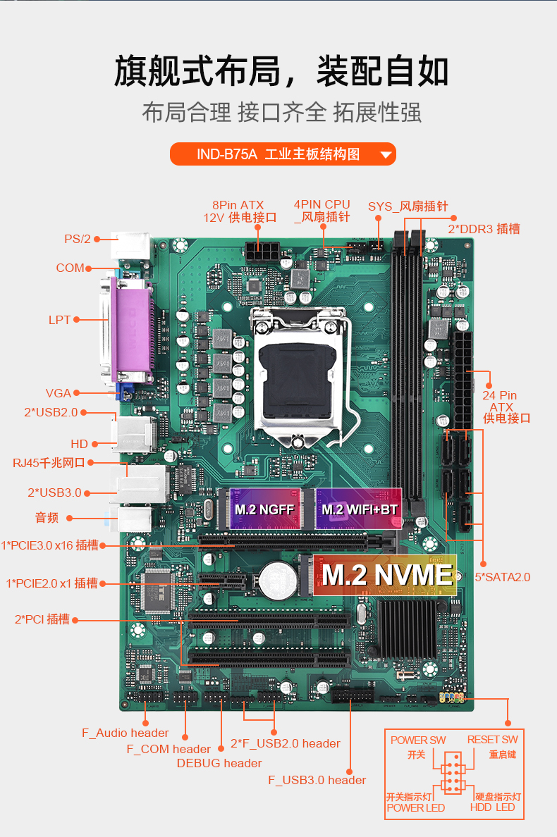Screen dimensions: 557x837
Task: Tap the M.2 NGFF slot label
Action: pyautogui.click(x=264, y=509)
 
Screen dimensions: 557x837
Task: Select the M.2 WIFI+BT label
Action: pyautogui.click(x=359, y=509)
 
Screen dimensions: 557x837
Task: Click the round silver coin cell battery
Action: pyautogui.click(x=278, y=579)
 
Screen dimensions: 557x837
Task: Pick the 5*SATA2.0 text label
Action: pyautogui.click(x=503, y=577)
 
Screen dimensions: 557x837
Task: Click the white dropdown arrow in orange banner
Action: pyautogui.click(x=386, y=155)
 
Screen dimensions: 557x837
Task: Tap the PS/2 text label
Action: pyautogui.click(x=78, y=239)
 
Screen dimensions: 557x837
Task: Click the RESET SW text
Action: pyautogui.click(x=492, y=739)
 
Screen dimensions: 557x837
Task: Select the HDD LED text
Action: pyautogui.click(x=492, y=807)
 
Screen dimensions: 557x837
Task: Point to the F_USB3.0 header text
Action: pyautogui.click(x=317, y=780)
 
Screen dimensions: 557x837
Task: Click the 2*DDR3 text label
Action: pyautogui.click(x=484, y=229)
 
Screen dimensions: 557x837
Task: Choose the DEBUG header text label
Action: pyautogui.click(x=219, y=763)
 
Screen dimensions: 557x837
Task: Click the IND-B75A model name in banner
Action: pyautogui.click(x=227, y=154)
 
